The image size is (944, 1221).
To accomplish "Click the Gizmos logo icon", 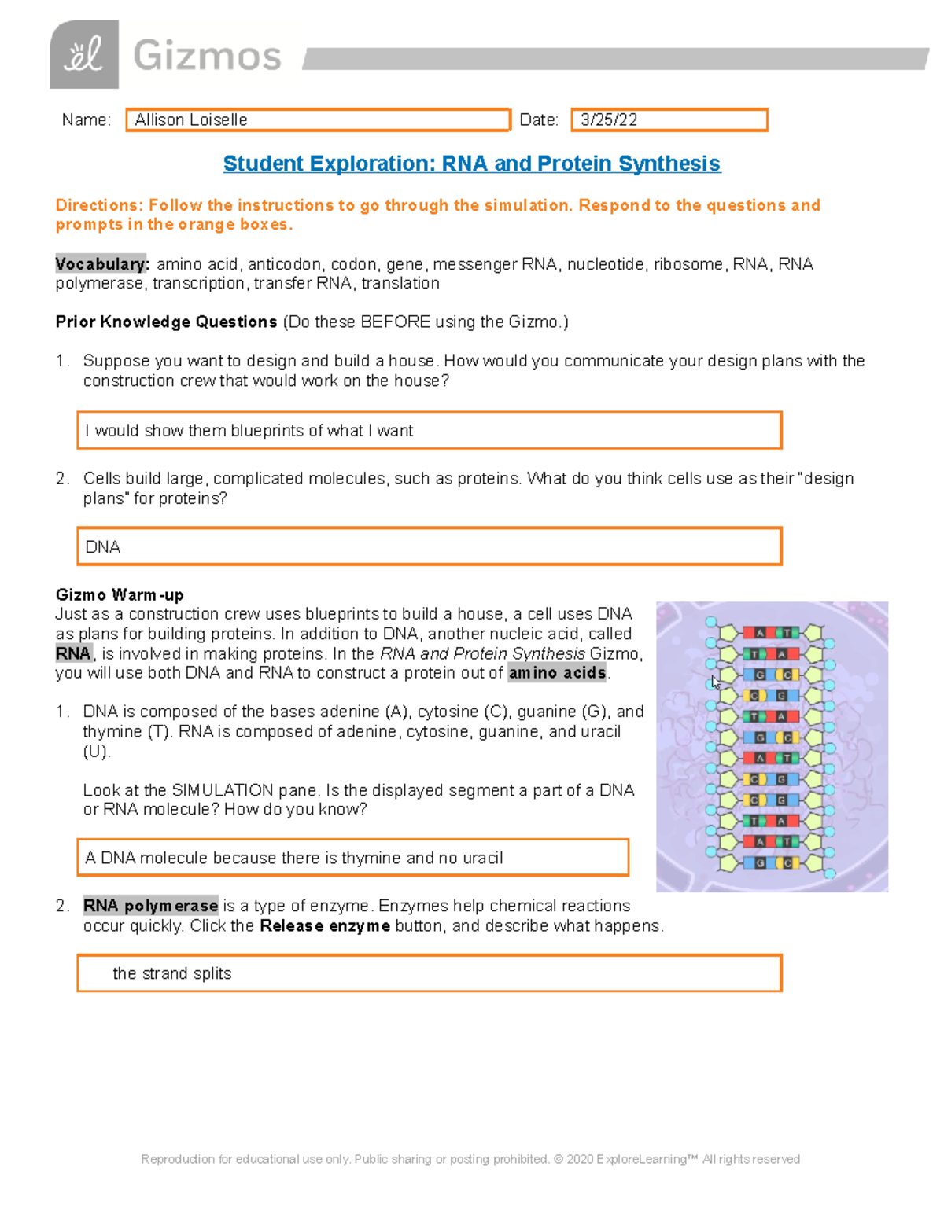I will click(84, 54).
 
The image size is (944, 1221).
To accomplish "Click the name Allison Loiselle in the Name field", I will click(191, 120).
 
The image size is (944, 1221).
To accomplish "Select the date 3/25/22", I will click(609, 120).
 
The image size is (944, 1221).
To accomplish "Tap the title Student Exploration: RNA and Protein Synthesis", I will click(471, 164).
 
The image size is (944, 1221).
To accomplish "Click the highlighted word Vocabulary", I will click(101, 264).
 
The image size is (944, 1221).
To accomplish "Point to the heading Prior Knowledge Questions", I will click(166, 322).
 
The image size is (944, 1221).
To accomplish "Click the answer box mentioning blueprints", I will click(429, 430).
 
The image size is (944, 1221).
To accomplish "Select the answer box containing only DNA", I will click(429, 546).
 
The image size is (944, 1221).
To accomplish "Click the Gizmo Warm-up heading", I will click(120, 594).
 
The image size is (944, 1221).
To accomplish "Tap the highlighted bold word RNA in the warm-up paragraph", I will click(73, 653).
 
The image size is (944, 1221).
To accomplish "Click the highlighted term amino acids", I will click(557, 673).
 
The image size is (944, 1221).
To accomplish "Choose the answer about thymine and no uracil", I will click(352, 857).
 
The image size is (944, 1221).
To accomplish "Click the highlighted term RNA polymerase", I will click(150, 906).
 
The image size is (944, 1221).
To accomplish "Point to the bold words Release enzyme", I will click(324, 925).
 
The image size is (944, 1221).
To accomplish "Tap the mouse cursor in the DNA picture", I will click(714, 682).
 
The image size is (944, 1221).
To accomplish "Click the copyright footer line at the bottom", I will click(470, 1159).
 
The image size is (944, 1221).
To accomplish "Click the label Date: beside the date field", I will click(539, 120).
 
